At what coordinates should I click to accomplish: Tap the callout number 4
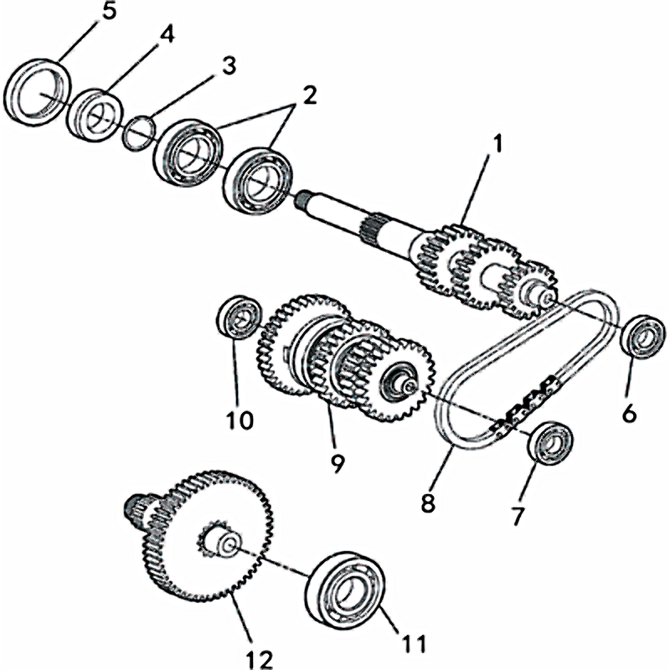click(x=167, y=36)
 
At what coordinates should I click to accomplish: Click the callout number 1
click(x=496, y=144)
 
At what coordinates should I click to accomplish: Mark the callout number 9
click(x=337, y=462)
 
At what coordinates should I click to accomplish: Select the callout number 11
click(x=414, y=643)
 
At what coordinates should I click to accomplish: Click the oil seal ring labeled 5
click(x=35, y=90)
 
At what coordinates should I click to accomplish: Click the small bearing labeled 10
click(x=238, y=317)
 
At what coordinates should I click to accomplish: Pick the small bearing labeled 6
click(x=642, y=337)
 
